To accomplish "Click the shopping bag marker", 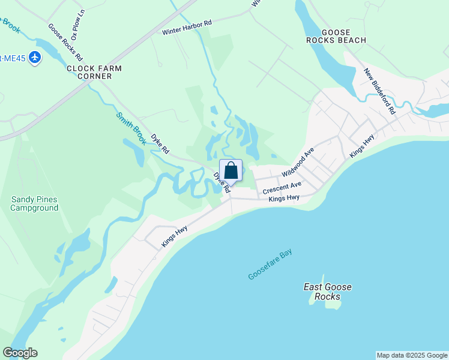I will [231, 170].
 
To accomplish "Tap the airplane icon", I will [34, 58].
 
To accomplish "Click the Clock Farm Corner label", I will [94, 72].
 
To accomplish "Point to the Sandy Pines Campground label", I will [35, 203].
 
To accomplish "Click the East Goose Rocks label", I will [327, 292].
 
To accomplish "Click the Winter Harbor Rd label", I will [187, 27].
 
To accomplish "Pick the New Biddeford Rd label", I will [380, 91].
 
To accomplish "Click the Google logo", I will [20, 353].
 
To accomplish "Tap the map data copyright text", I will [411, 355].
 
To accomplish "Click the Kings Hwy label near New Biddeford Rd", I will [363, 146].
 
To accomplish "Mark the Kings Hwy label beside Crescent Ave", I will [284, 198].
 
